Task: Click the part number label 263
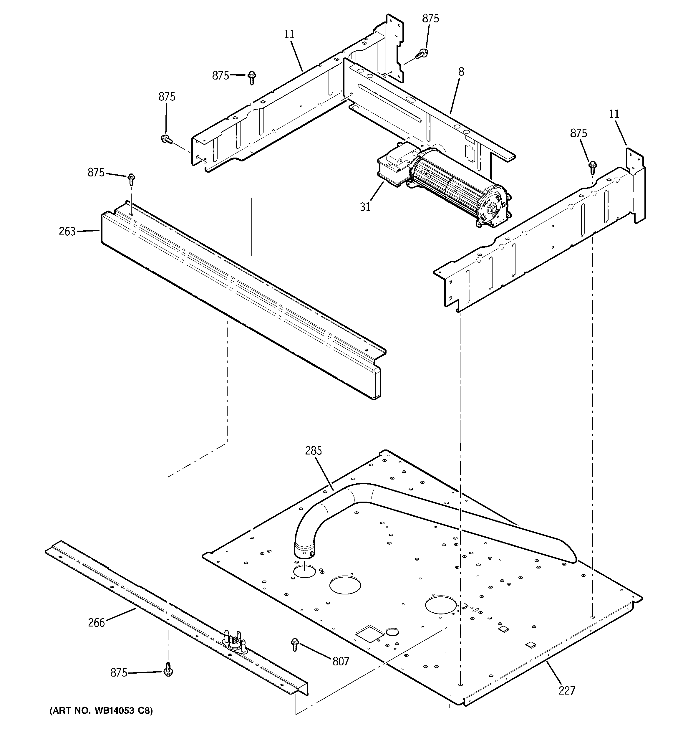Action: point(67,232)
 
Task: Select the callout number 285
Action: point(314,451)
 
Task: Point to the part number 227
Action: point(567,690)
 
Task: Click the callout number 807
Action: point(341,661)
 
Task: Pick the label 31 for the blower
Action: point(365,207)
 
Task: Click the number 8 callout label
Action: point(461,72)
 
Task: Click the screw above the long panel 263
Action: point(131,180)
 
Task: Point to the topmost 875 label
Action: point(430,19)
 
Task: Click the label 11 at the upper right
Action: point(614,114)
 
